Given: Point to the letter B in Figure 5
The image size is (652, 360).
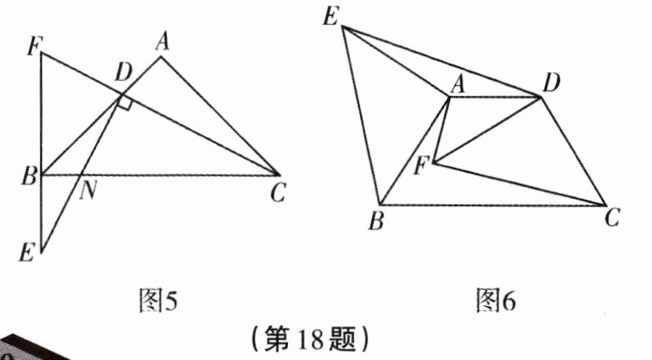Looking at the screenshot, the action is pyautogui.click(x=29, y=176).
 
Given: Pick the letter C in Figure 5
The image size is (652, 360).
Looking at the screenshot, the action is pyautogui.click(x=279, y=194).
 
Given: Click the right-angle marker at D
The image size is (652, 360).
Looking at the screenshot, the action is pyautogui.click(x=124, y=102).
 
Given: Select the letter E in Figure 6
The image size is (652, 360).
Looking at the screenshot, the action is pyautogui.click(x=331, y=16).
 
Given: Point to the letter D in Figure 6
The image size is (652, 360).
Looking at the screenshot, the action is pyautogui.click(x=550, y=82).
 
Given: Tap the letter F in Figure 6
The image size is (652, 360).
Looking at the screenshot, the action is pyautogui.click(x=422, y=165).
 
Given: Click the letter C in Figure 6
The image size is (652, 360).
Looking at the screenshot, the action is pyautogui.click(x=613, y=219).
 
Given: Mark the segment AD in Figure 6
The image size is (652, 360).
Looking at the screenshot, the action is pyautogui.click(x=496, y=97).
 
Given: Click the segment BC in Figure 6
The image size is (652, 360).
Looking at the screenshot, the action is pyautogui.click(x=493, y=205).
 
